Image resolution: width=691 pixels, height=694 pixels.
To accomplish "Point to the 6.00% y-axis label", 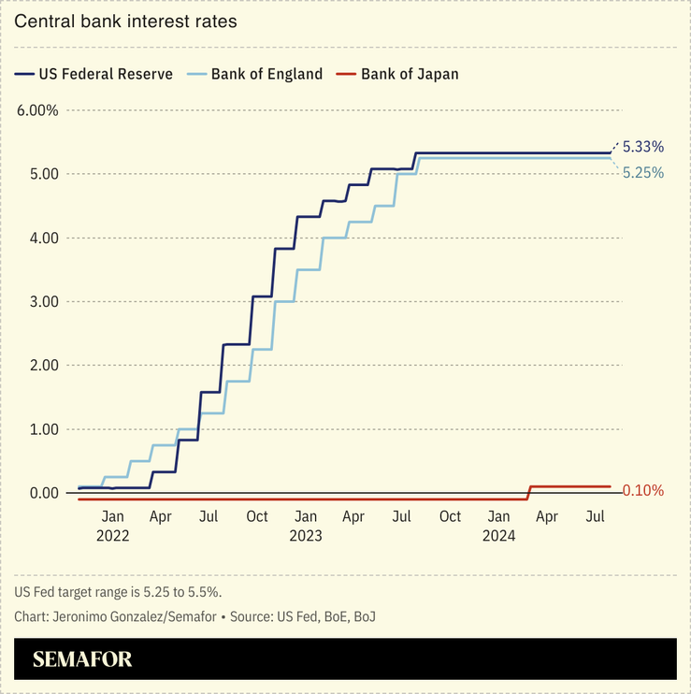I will (x=37, y=110).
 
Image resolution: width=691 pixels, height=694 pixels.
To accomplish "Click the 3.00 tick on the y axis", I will (x=41, y=301).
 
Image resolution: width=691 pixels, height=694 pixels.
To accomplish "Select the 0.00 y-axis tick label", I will (x=41, y=493).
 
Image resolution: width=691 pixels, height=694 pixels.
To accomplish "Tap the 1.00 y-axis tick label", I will (x=41, y=429).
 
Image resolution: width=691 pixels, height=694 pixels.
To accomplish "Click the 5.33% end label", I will (x=642, y=147).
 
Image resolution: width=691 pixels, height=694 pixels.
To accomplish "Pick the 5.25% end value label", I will (x=642, y=173).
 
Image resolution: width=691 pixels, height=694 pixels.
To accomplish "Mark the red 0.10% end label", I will (x=642, y=490).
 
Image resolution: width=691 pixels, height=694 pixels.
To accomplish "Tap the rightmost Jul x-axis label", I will (x=596, y=516).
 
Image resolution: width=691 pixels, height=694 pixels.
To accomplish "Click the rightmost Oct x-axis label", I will (x=450, y=516).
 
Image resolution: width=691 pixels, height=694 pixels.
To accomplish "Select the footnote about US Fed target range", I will (x=118, y=592).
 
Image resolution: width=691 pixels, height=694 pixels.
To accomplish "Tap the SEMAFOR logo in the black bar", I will (x=82, y=659).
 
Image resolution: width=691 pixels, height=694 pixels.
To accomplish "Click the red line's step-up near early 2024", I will (x=529, y=492).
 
